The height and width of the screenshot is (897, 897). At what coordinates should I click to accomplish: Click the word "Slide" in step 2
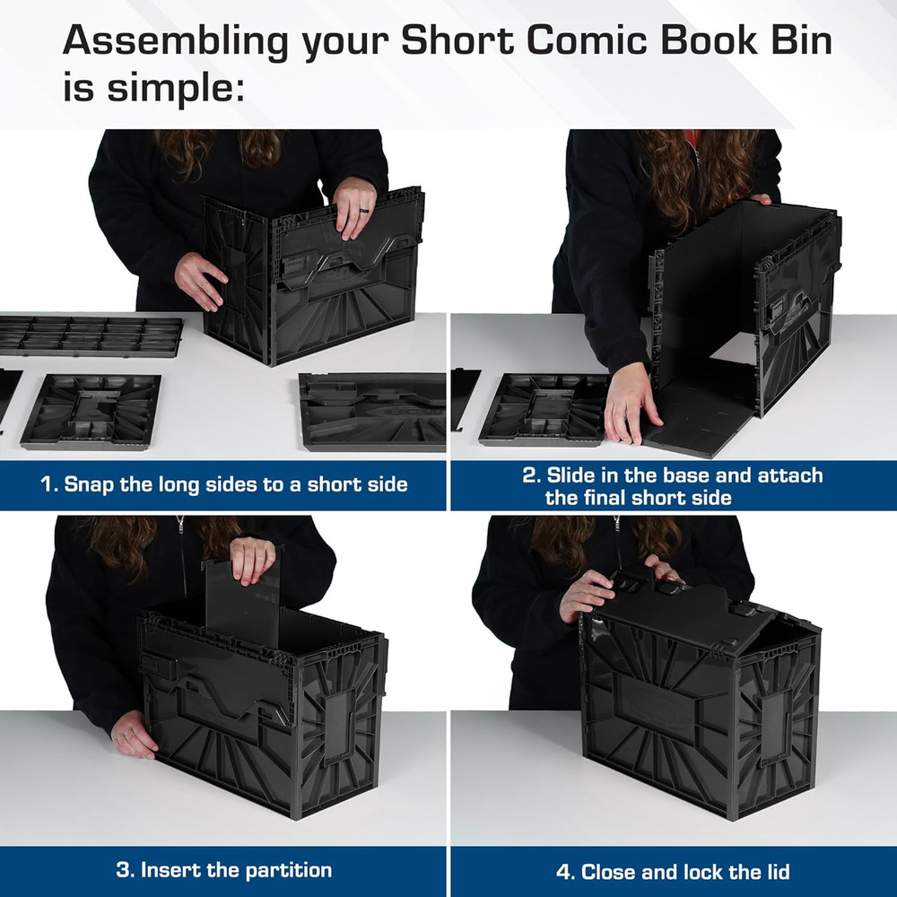576,475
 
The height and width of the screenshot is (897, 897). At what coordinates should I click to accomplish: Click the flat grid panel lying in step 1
90,335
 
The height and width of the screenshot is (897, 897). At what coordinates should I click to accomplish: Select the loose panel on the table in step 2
544,409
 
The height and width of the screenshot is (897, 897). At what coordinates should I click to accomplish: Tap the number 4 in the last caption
562,871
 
